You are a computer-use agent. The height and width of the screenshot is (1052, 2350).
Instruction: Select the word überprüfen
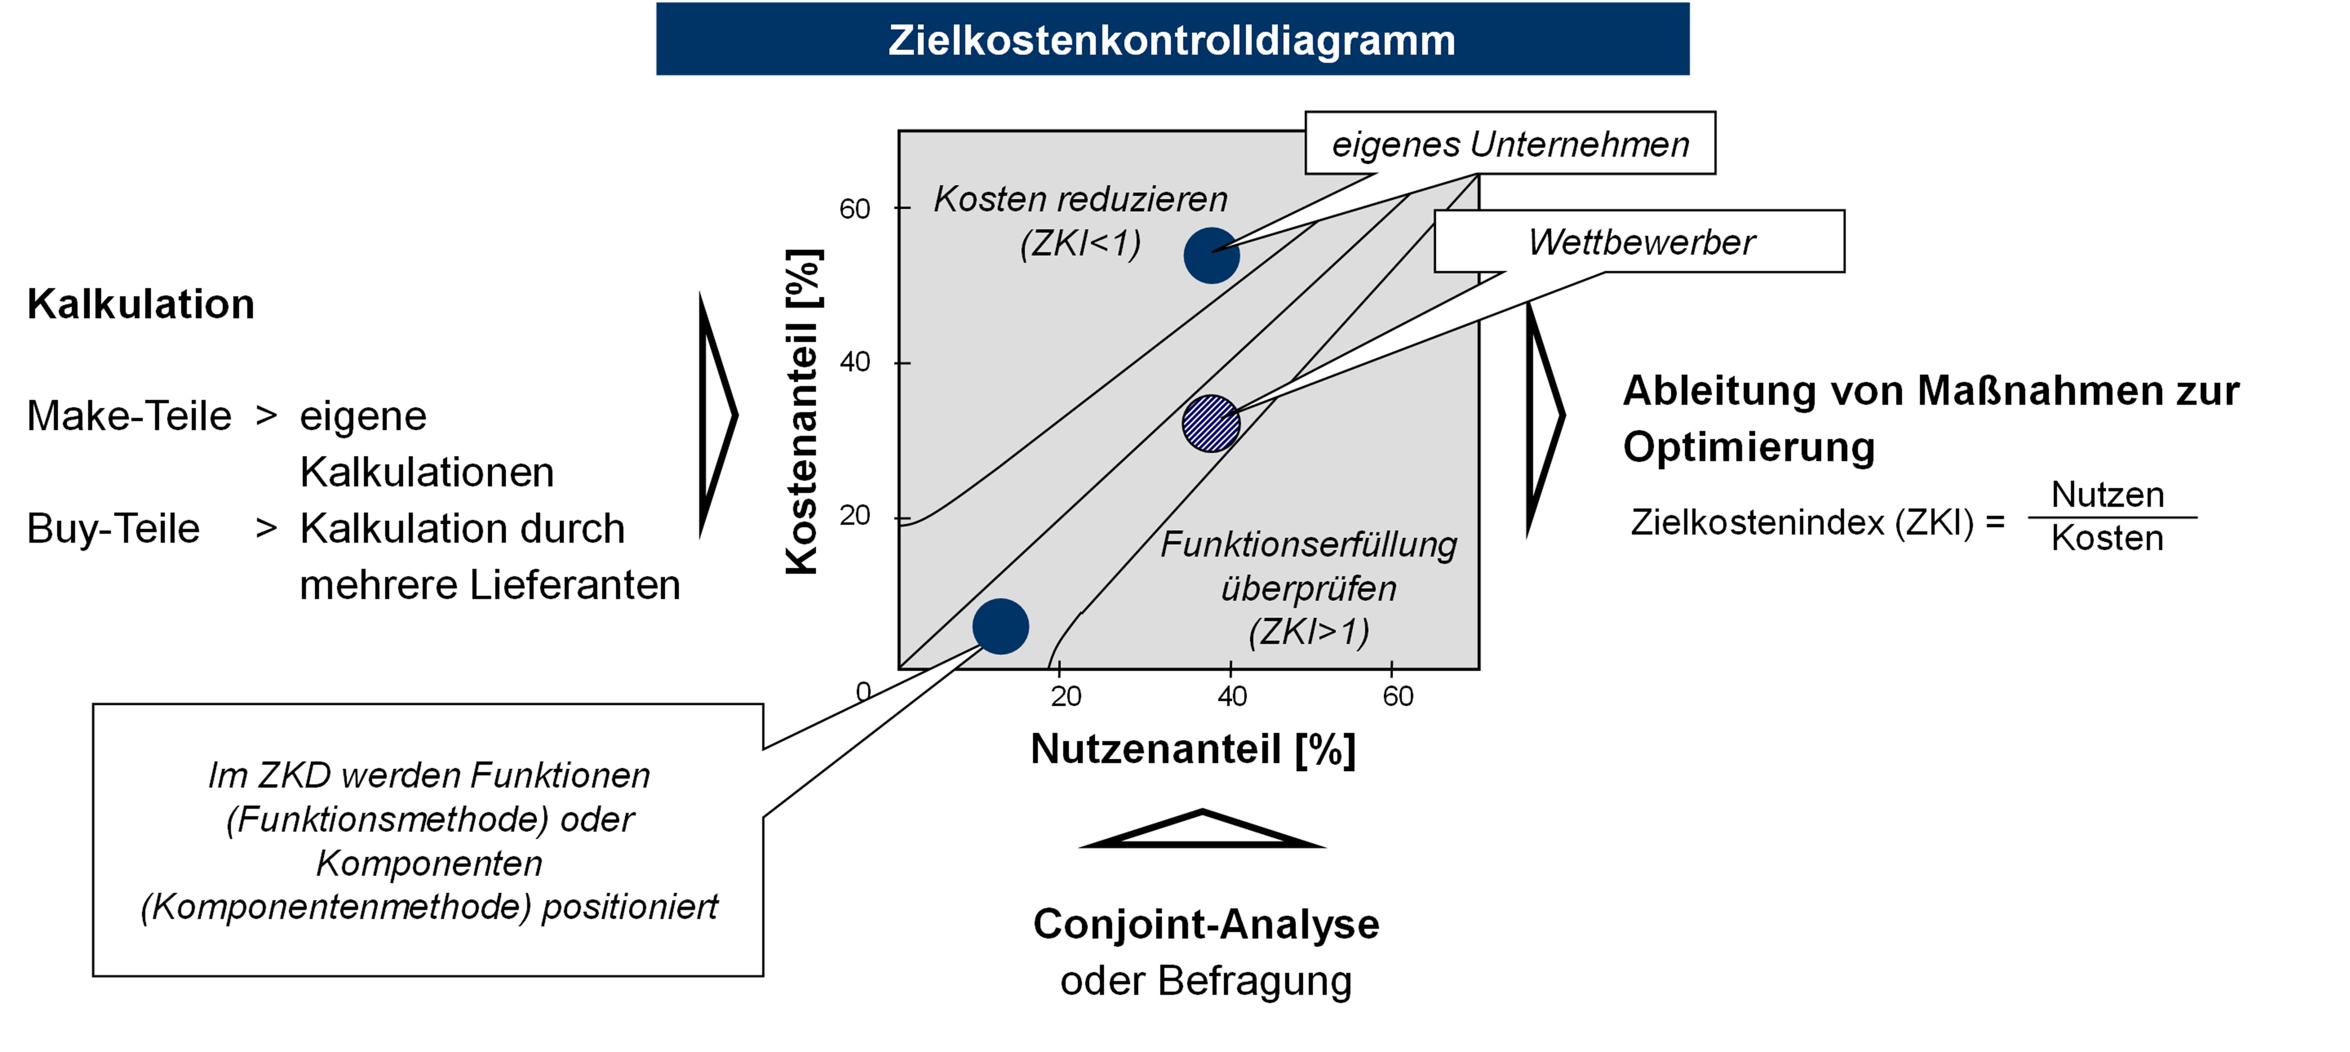tap(1308, 589)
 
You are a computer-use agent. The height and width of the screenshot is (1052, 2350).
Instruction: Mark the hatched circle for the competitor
tap(1211, 423)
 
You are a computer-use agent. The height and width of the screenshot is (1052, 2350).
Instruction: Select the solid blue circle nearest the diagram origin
tap(1001, 627)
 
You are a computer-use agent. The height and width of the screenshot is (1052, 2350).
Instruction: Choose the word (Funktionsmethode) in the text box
tap(387, 819)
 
